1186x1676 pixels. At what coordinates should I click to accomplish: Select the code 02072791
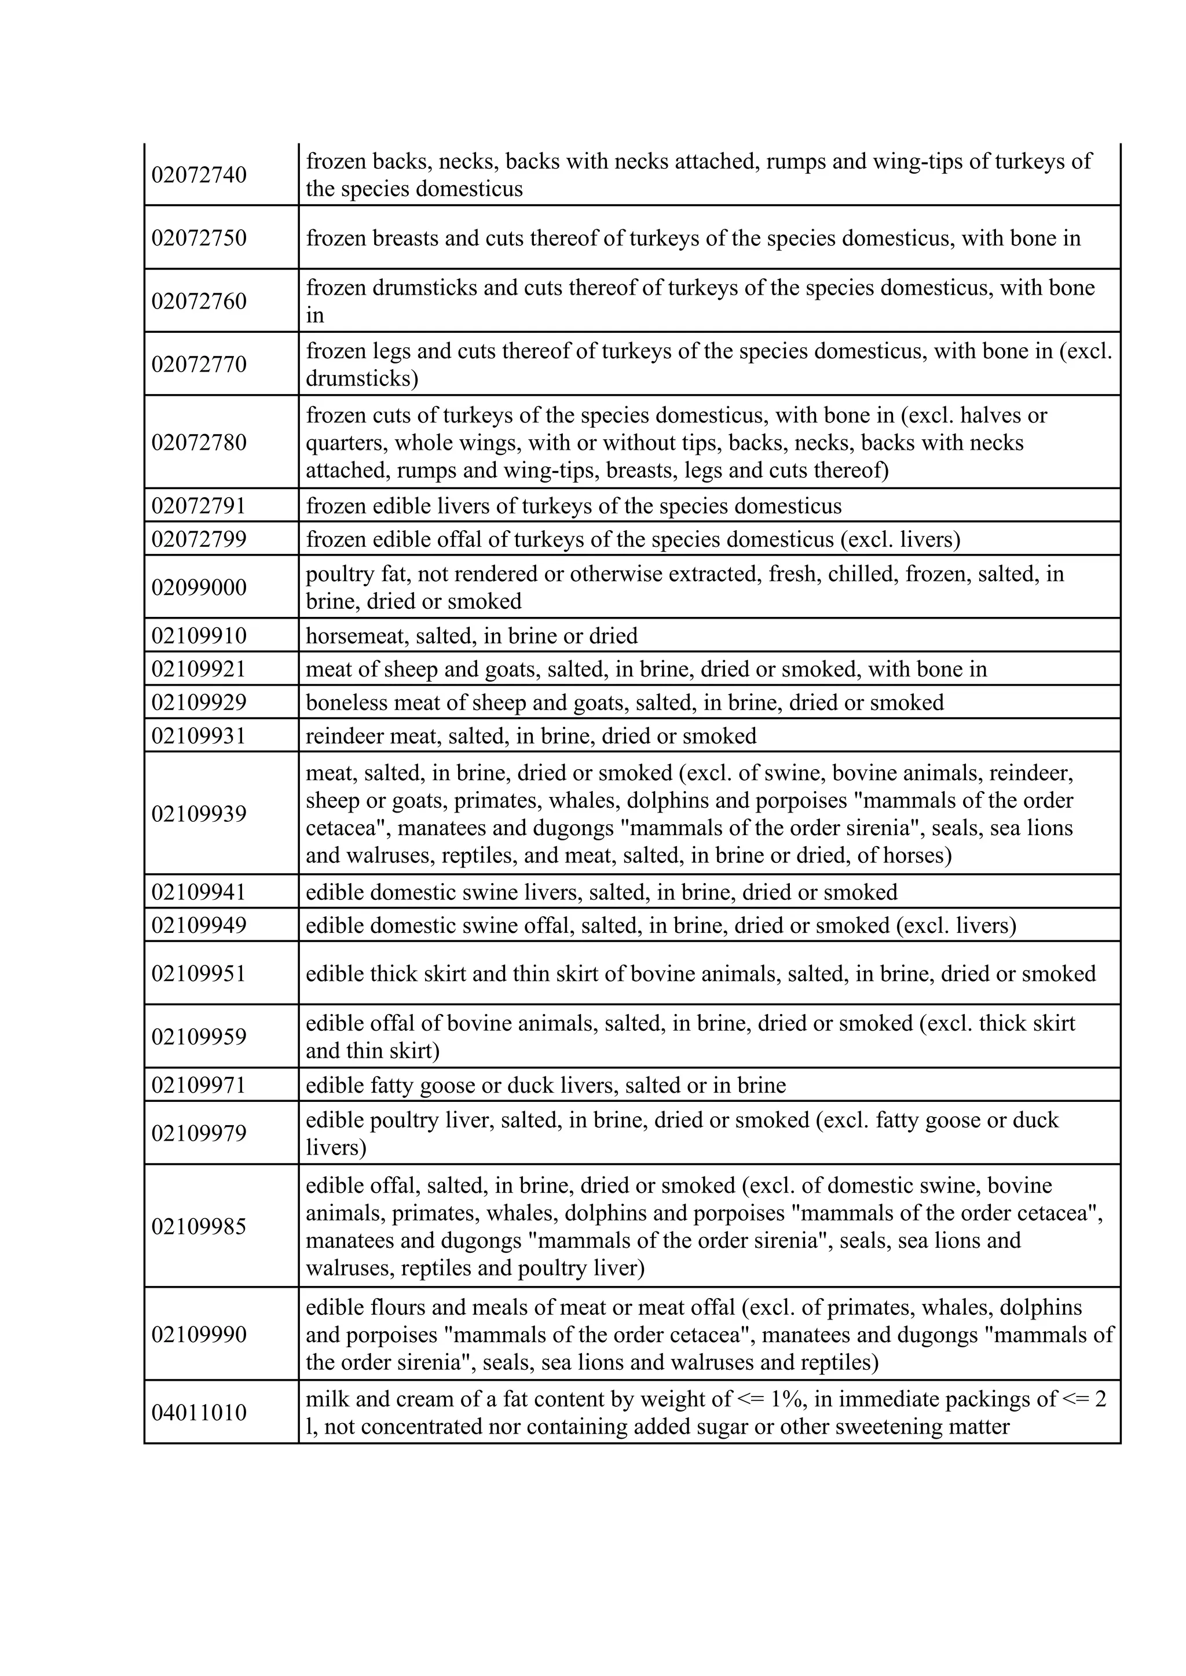click(199, 506)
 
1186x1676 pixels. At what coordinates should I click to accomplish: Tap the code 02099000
click(199, 587)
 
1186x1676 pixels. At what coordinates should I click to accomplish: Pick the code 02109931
click(199, 736)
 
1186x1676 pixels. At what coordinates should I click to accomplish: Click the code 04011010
click(199, 1413)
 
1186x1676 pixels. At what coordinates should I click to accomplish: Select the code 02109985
click(199, 1226)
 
